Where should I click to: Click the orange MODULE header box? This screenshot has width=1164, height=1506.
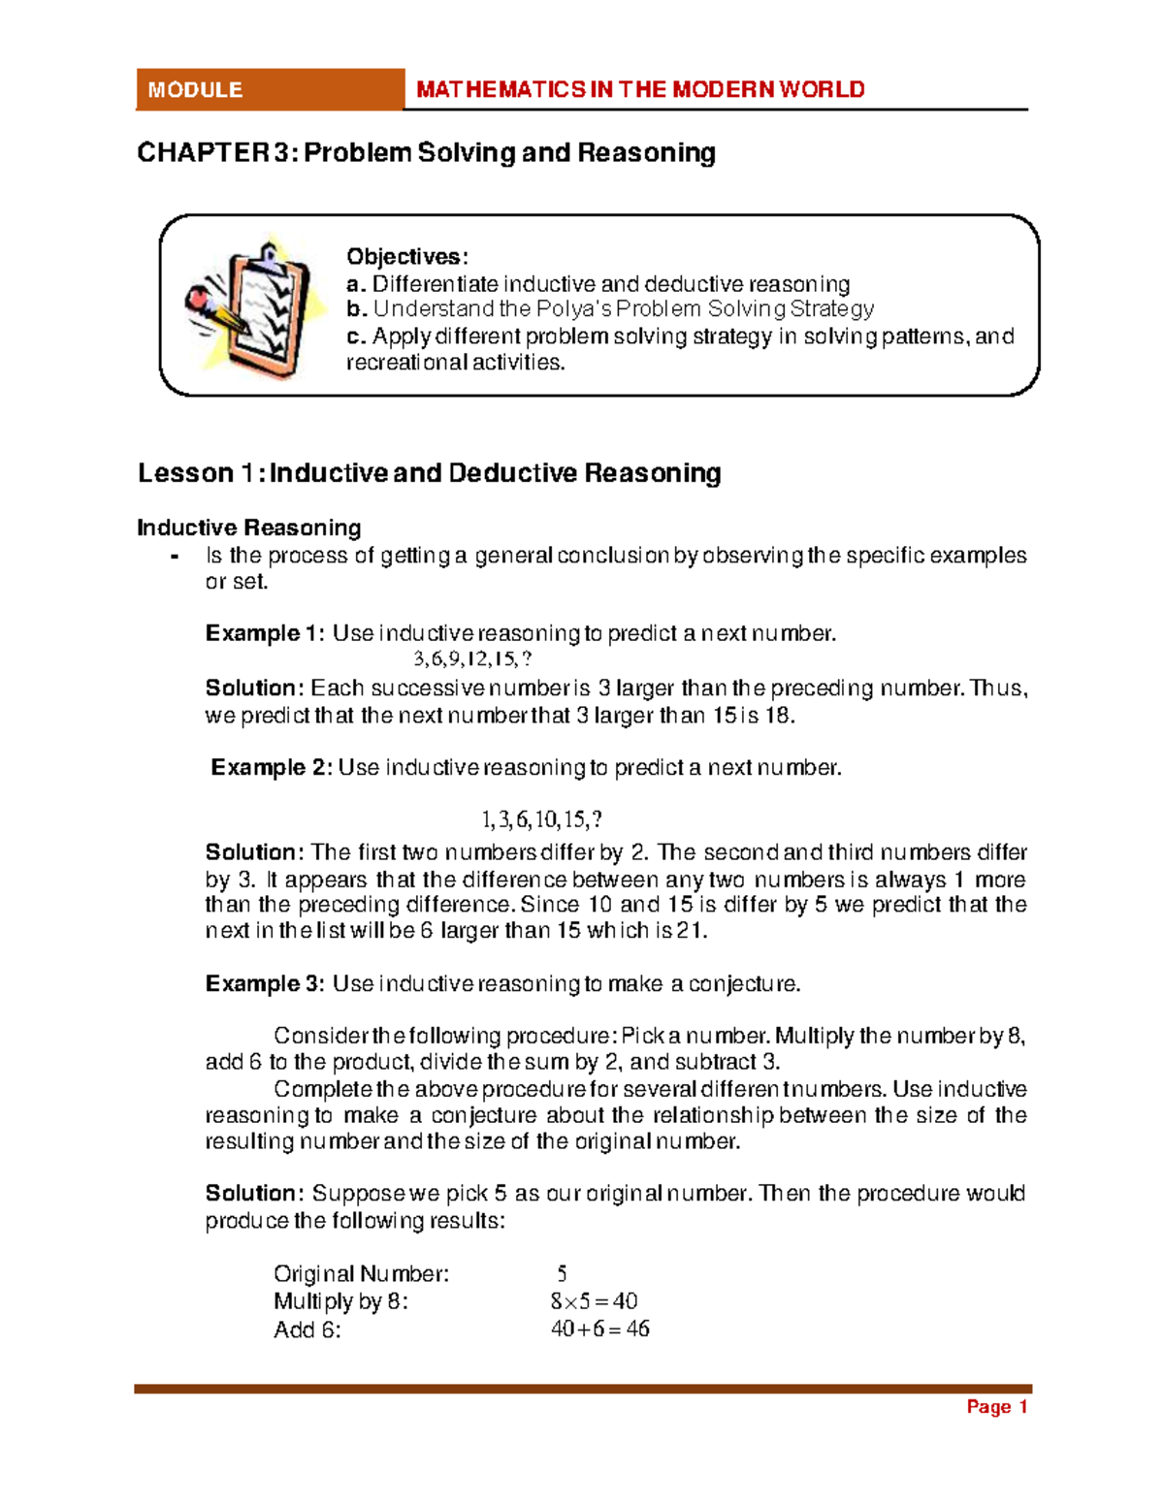pyautogui.click(x=269, y=89)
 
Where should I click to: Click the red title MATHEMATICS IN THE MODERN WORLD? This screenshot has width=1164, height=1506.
pyautogui.click(x=640, y=89)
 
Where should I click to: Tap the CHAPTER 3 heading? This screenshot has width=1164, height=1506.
pyautogui.click(x=426, y=152)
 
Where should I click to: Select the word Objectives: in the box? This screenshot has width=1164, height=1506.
pyautogui.click(x=407, y=257)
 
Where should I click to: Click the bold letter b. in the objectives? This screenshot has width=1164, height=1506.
pyautogui.click(x=356, y=309)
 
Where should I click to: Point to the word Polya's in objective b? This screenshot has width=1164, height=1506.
pyautogui.click(x=574, y=309)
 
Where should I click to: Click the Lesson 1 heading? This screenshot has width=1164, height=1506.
pyautogui.click(x=429, y=473)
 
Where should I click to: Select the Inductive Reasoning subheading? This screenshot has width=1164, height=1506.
pyautogui.click(x=249, y=528)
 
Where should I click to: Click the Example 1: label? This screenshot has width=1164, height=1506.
pyautogui.click(x=265, y=633)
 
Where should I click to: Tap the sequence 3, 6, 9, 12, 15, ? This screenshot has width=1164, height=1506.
pyautogui.click(x=472, y=659)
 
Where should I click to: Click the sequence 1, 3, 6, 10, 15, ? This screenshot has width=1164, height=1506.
pyautogui.click(x=541, y=819)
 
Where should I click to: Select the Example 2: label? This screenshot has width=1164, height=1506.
pyautogui.click(x=272, y=767)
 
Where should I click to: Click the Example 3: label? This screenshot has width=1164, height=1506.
pyautogui.click(x=265, y=983)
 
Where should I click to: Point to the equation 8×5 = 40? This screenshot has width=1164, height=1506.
pyautogui.click(x=594, y=1301)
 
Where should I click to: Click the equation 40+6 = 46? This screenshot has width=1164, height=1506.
pyautogui.click(x=599, y=1329)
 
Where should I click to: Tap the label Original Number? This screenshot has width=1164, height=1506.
pyautogui.click(x=361, y=1273)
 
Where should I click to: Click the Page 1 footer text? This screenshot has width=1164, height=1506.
pyautogui.click(x=996, y=1407)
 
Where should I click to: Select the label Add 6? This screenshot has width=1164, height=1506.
pyautogui.click(x=307, y=1330)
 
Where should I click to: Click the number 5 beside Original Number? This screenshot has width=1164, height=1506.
pyautogui.click(x=562, y=1273)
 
